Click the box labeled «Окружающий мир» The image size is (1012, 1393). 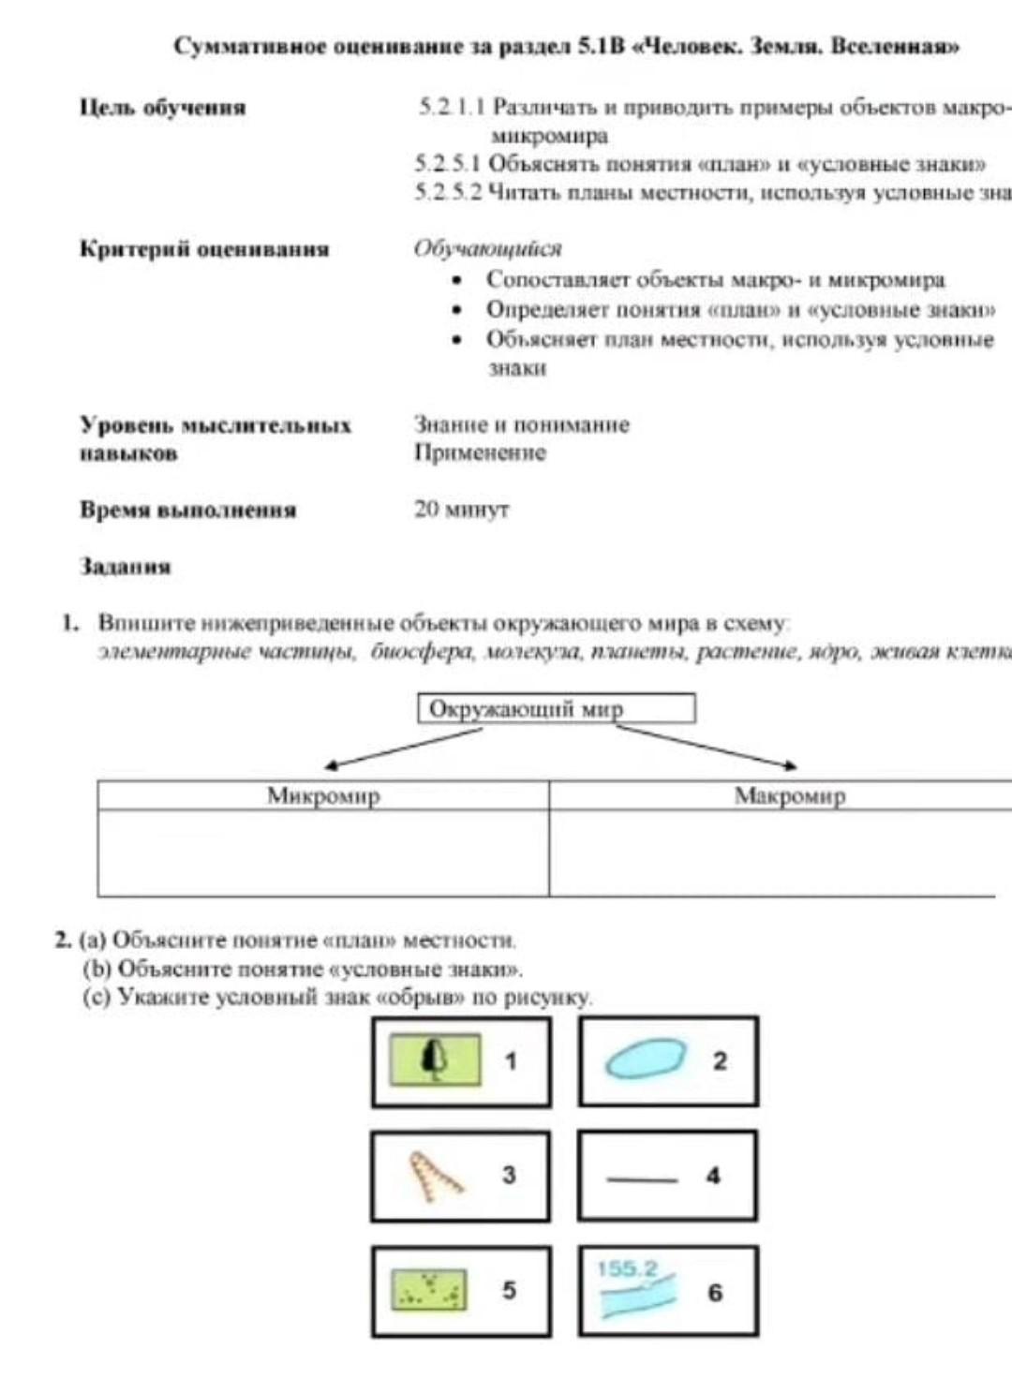(x=556, y=708)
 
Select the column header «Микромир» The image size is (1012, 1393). (x=323, y=795)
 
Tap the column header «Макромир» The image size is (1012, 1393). (x=789, y=795)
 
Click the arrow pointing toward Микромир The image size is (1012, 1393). (x=403, y=748)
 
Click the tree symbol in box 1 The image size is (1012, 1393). (x=434, y=1059)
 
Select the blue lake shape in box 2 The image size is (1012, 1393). (x=645, y=1059)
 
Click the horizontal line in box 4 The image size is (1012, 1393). (x=642, y=1178)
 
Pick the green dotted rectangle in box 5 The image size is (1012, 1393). (x=428, y=1290)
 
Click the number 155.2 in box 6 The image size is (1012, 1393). (x=627, y=1269)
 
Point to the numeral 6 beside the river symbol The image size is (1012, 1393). (x=715, y=1293)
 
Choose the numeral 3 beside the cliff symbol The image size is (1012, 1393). (x=509, y=1175)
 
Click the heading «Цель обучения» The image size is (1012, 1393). (x=162, y=108)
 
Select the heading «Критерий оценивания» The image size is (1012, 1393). (x=204, y=249)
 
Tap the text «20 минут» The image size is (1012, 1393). (x=462, y=510)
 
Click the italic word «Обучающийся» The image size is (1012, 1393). (x=487, y=249)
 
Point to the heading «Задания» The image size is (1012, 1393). (x=126, y=567)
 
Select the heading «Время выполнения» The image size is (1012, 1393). (x=187, y=511)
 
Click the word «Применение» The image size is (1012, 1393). (x=480, y=453)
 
